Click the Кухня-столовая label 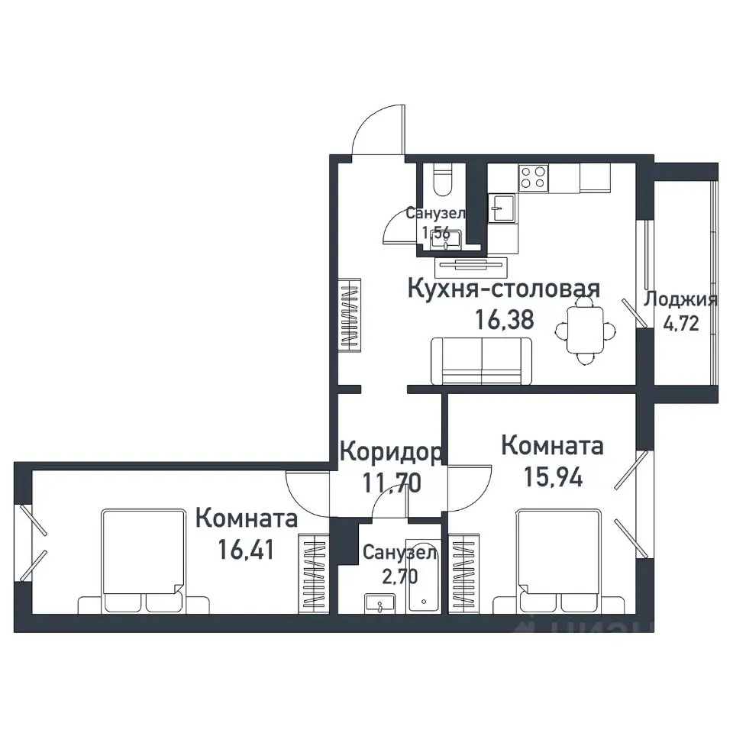[x=503, y=289]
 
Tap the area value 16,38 [x=503, y=319]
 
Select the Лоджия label [x=680, y=299]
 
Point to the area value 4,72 [x=680, y=324]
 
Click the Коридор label [x=389, y=453]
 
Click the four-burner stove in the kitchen [x=533, y=178]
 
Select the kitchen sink [x=502, y=206]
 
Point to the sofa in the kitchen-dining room [x=481, y=361]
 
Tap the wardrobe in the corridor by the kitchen [x=349, y=315]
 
